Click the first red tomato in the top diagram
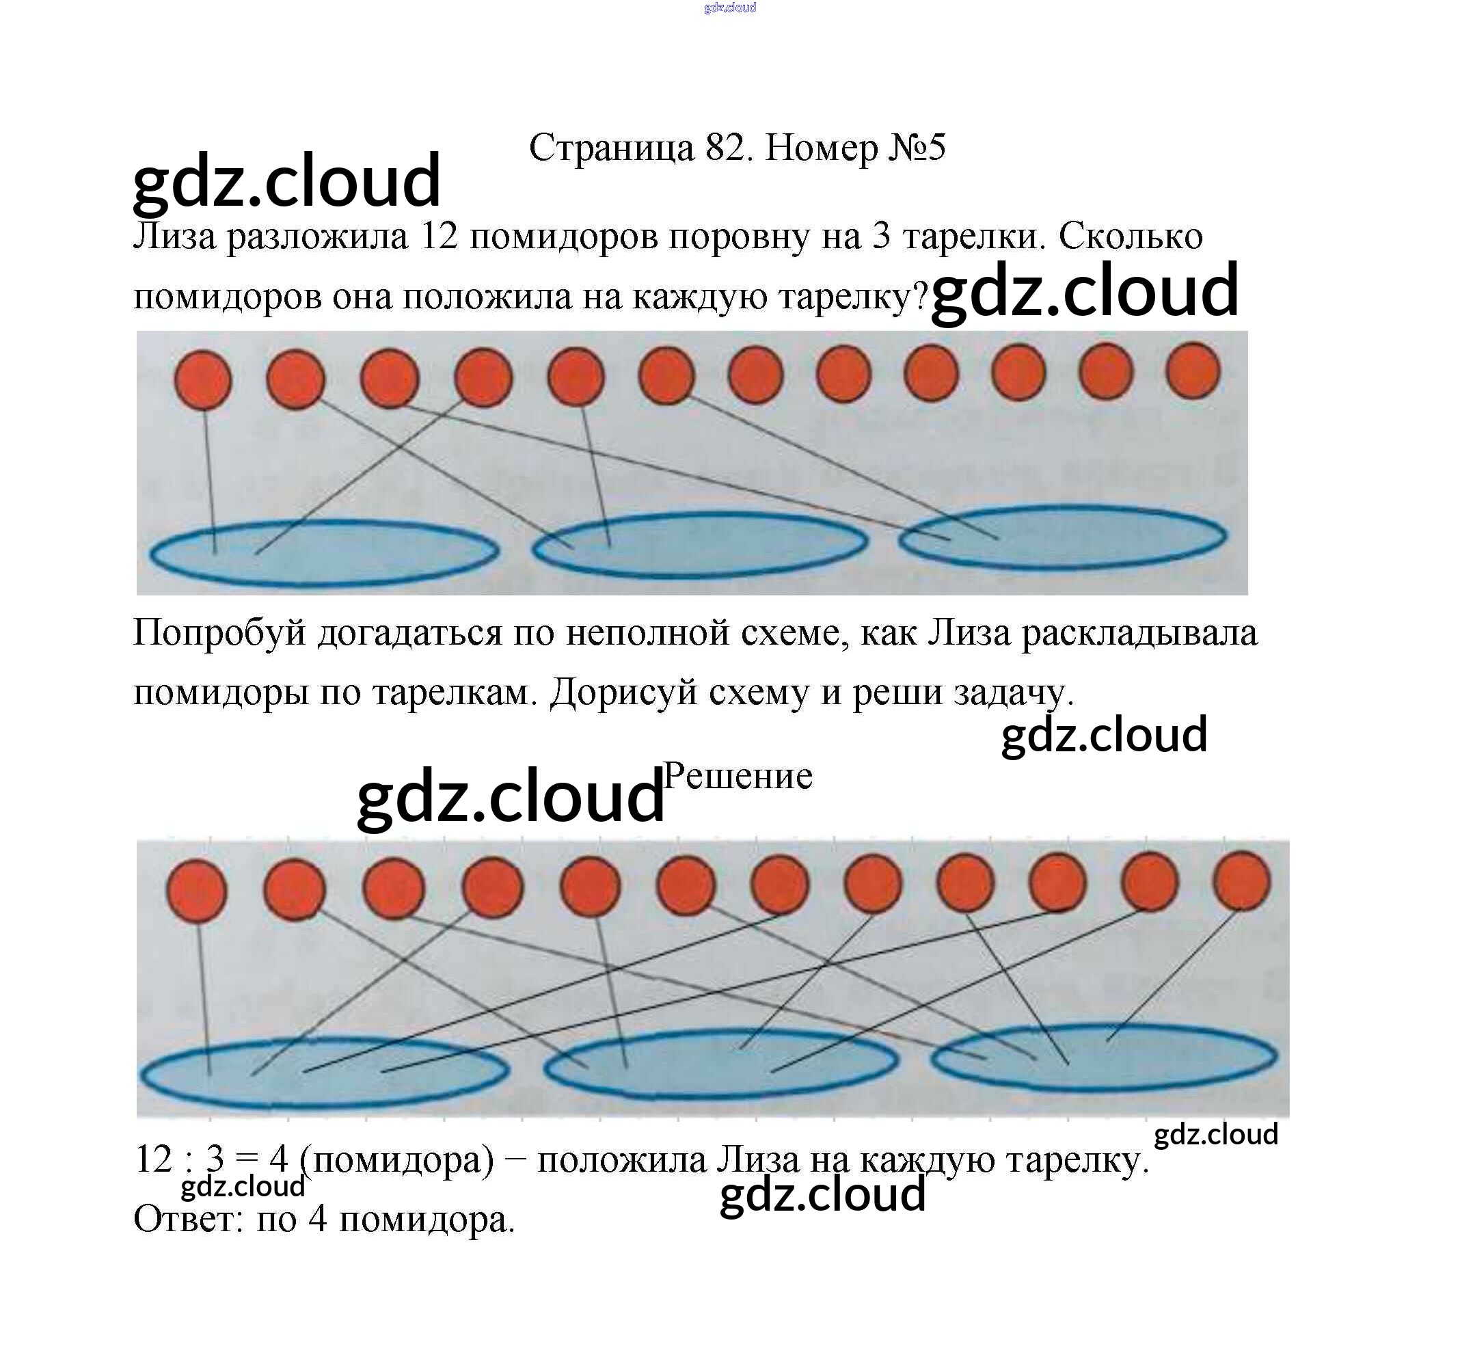click(203, 379)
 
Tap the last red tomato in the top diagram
click(1193, 371)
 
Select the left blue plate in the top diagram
click(323, 552)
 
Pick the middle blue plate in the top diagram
click(700, 544)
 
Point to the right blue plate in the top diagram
click(1063, 537)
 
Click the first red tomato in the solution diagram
click(197, 891)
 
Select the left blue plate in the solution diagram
click(324, 1073)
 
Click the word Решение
click(738, 777)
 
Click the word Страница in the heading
click(611, 148)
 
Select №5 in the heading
click(917, 148)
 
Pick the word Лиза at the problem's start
click(175, 237)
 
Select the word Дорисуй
click(623, 692)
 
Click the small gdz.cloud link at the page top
click(729, 8)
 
